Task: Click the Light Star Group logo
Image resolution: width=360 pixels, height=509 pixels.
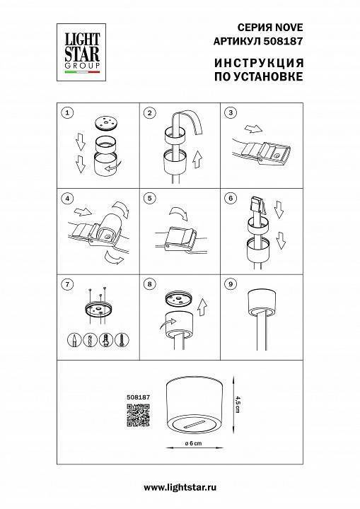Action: click(x=81, y=52)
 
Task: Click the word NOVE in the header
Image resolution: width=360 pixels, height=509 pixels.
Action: click(x=289, y=28)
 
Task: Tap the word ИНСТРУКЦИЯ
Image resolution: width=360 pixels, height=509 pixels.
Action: click(x=259, y=63)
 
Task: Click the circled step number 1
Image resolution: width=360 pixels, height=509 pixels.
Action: click(x=67, y=113)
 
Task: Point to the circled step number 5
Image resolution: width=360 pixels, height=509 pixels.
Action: click(x=149, y=199)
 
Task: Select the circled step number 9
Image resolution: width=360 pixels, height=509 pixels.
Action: click(x=231, y=284)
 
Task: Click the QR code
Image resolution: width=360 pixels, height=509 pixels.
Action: click(x=138, y=415)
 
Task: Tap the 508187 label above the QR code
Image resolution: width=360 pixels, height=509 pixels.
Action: click(x=138, y=397)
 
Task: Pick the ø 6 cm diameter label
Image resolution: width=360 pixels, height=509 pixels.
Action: click(x=193, y=443)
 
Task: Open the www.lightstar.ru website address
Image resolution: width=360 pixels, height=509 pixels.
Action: click(x=180, y=487)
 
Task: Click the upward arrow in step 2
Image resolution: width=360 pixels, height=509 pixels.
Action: click(x=197, y=159)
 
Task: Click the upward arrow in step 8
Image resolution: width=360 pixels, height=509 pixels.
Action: click(x=203, y=308)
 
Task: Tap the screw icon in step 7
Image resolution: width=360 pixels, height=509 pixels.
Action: click(x=122, y=341)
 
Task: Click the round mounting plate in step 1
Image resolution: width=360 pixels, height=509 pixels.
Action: click(x=105, y=124)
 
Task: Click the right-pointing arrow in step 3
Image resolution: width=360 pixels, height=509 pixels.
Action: click(x=253, y=129)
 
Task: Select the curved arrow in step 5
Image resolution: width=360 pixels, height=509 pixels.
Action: click(x=179, y=213)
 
